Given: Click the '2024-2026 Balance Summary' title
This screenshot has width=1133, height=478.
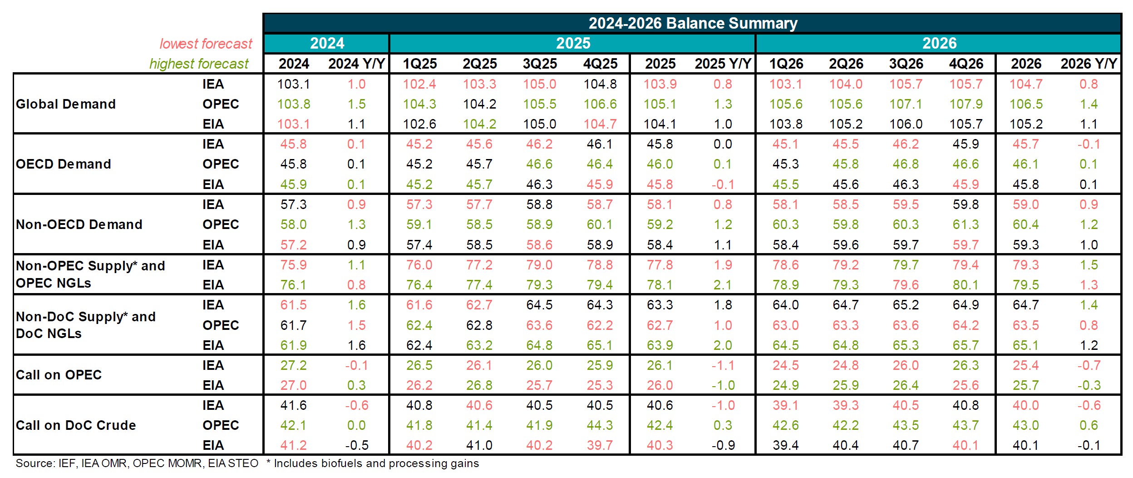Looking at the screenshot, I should point(693,23).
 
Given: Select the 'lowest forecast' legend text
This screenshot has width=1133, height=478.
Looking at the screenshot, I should point(206,44).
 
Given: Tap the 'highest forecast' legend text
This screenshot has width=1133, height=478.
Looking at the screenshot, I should point(199,64).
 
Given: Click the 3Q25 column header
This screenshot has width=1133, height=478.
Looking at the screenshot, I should point(540,64).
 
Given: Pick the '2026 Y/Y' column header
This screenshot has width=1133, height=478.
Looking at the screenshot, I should point(1088,64).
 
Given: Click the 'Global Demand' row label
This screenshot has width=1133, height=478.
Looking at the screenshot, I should point(66,104).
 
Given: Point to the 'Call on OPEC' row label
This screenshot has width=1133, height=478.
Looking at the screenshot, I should point(59,375).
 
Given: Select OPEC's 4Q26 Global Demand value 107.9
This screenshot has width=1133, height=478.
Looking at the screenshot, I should point(966,104).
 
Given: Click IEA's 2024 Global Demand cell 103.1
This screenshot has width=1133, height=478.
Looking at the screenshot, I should point(294,84).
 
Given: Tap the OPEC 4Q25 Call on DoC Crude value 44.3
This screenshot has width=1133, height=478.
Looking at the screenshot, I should point(600,425).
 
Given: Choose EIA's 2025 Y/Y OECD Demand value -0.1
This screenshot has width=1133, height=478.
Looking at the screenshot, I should point(722,184).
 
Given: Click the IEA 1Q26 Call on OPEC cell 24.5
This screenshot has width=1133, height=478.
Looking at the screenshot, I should point(786,365).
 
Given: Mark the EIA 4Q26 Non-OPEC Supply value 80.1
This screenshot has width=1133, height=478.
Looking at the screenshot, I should point(966,285).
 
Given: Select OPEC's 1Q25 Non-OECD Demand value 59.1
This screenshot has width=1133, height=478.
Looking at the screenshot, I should point(419,224).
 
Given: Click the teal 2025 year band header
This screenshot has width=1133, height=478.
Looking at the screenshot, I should point(573,44).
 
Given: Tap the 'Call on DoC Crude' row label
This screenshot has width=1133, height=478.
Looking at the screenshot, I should point(76,425).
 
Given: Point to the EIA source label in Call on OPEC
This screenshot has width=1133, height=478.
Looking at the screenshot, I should point(213,385).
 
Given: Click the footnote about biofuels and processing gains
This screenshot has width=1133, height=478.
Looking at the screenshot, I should point(373,463).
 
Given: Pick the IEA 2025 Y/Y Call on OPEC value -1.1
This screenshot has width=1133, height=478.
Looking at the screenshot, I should point(722,365).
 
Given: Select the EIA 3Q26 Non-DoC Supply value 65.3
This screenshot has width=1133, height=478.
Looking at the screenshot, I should point(906,345).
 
